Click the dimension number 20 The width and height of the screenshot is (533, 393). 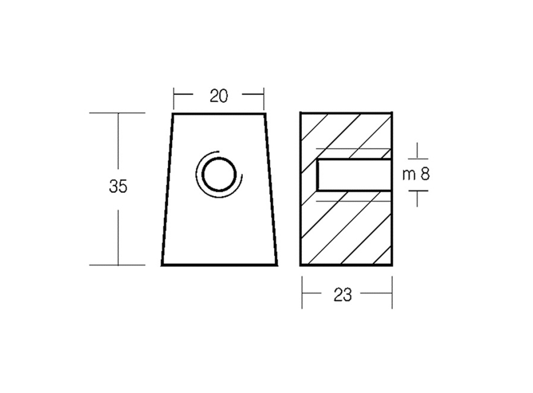(219, 96)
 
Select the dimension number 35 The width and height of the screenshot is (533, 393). (118, 186)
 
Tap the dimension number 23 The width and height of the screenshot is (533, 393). (342, 294)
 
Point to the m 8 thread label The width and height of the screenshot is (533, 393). (416, 175)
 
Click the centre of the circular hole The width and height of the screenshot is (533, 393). (218, 174)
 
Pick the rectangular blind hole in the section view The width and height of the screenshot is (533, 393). (353, 175)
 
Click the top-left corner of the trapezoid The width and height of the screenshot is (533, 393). (173, 114)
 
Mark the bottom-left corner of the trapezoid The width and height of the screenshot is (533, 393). (162, 264)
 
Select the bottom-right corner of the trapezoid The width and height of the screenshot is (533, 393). (277, 264)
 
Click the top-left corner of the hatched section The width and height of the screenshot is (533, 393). (301, 113)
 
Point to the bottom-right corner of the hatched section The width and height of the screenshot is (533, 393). (392, 264)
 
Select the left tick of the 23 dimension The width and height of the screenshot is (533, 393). (302, 293)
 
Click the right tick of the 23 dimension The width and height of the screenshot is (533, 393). (392, 293)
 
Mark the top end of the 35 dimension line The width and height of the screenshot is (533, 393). (118, 113)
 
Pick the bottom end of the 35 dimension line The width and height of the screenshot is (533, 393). (118, 264)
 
